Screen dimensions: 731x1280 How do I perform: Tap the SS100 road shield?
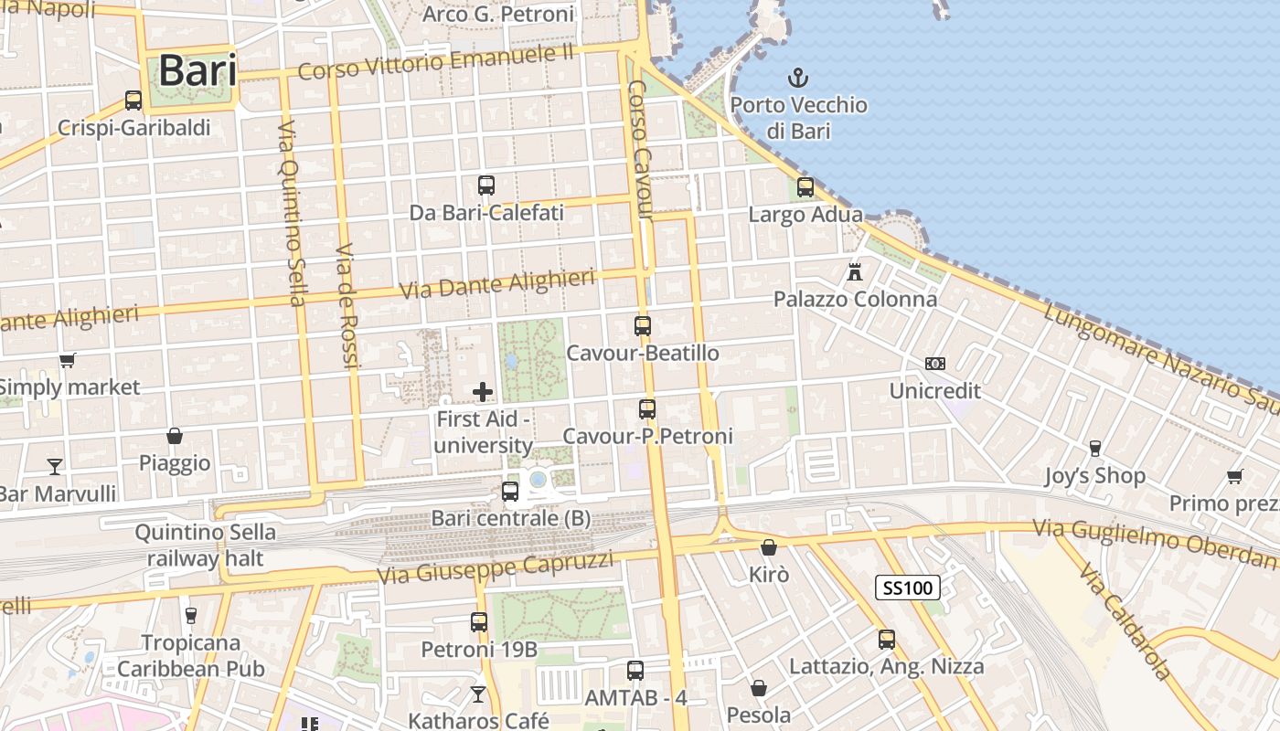(x=908, y=588)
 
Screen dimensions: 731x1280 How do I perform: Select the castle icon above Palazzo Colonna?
(x=855, y=271)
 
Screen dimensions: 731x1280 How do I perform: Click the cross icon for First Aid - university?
(x=483, y=392)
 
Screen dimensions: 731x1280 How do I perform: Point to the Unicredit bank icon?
(x=934, y=364)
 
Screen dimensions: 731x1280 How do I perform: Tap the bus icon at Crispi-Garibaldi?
(x=133, y=101)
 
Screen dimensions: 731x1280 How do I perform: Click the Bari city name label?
(x=197, y=71)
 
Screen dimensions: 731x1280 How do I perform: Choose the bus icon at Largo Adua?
(x=805, y=187)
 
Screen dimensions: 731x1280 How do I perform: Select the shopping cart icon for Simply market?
(x=67, y=360)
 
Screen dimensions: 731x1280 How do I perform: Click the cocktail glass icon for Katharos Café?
(x=477, y=694)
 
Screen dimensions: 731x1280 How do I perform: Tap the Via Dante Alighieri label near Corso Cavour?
(x=498, y=283)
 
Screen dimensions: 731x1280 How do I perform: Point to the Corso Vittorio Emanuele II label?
(x=436, y=62)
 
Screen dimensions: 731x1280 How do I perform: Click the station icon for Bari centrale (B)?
(x=510, y=492)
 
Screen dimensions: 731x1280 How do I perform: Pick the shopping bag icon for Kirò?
(x=768, y=547)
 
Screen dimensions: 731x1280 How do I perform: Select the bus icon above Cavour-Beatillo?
(x=643, y=325)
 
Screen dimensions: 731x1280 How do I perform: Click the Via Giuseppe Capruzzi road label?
(x=496, y=567)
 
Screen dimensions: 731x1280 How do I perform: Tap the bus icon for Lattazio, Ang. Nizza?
(x=886, y=640)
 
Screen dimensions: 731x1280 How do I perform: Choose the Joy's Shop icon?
(x=1094, y=448)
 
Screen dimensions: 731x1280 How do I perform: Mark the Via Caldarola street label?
(x=1125, y=621)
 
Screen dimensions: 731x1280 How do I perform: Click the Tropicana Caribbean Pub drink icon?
(x=190, y=615)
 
